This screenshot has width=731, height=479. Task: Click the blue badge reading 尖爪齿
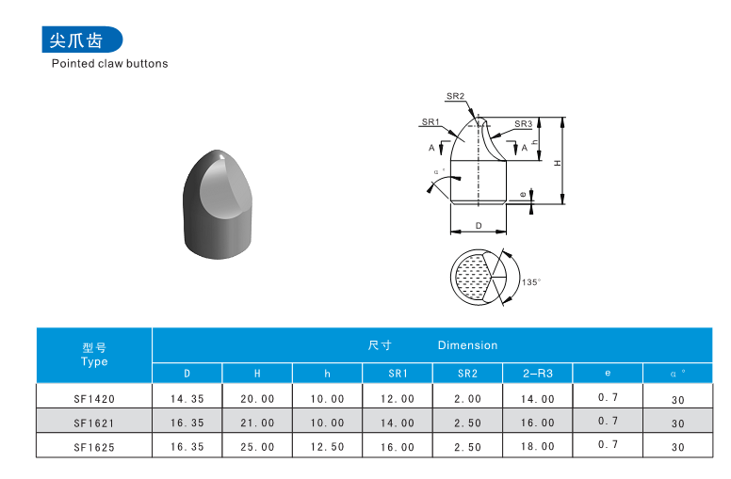click(82, 40)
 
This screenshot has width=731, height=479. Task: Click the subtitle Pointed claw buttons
click(109, 63)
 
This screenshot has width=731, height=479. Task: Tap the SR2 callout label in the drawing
click(456, 96)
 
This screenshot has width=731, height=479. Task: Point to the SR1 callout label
click(430, 121)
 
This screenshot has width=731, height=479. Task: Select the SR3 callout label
click(523, 124)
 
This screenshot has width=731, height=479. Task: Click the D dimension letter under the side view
click(479, 226)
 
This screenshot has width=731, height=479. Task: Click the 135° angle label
click(531, 282)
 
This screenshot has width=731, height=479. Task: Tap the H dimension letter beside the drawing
click(558, 163)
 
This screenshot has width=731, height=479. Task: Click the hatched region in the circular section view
click(472, 277)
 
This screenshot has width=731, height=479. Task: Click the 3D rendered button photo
click(218, 204)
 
